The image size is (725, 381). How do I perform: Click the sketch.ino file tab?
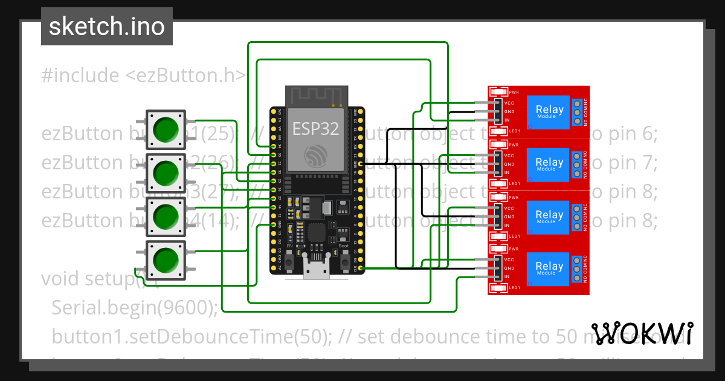[x=106, y=27]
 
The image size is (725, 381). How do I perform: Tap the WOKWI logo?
[x=642, y=333]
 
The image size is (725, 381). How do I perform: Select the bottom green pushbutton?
[x=166, y=260]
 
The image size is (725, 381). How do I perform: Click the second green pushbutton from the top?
[x=166, y=172]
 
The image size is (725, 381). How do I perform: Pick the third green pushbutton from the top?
[x=166, y=216]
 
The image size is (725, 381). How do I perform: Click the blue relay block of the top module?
[x=549, y=112]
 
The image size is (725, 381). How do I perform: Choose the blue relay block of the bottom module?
[x=549, y=268]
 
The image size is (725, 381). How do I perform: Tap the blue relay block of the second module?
[x=549, y=164]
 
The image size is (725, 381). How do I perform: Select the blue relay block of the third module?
[x=549, y=217]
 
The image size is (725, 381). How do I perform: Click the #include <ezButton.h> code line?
[x=144, y=76]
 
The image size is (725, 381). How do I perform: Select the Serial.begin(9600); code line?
[x=134, y=308]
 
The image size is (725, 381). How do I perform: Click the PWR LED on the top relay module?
[x=499, y=93]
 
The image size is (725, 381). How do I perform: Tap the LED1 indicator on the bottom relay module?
[x=499, y=288]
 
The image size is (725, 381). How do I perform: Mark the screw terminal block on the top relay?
[x=578, y=112]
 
